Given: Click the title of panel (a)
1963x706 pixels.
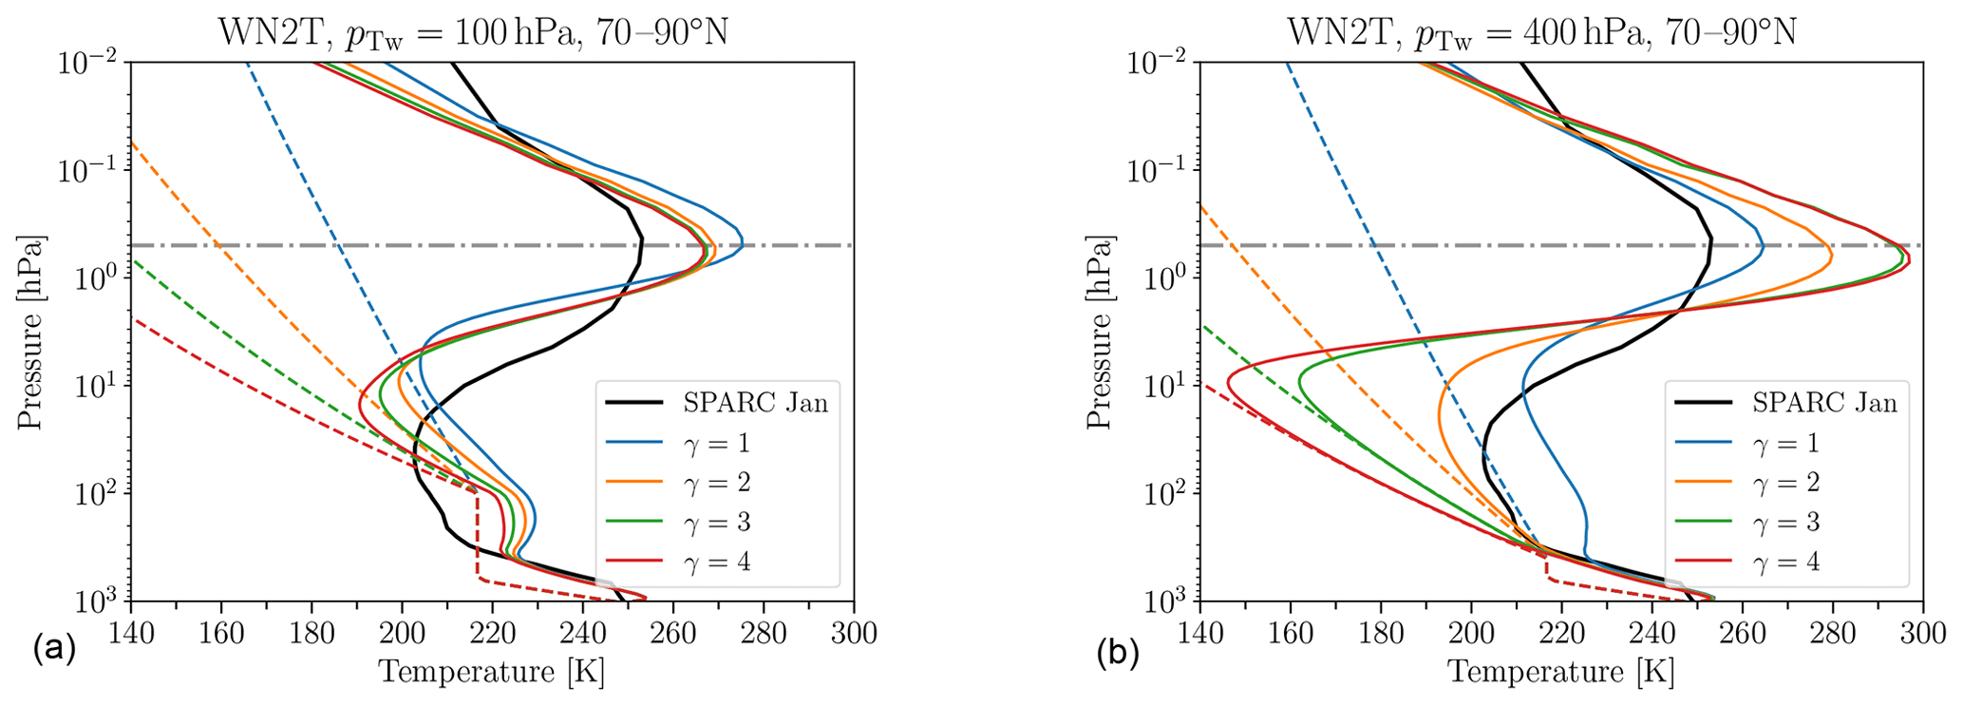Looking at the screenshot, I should tap(474, 32).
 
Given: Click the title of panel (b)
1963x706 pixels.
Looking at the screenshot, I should tap(1542, 32).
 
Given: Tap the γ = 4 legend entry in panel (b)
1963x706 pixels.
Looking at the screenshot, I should tap(1787, 562).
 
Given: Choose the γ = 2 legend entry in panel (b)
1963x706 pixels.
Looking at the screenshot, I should tap(1787, 483).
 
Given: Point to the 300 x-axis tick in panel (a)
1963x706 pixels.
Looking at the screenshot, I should tap(853, 632).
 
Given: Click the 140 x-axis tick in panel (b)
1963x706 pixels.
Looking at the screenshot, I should tap(1200, 632).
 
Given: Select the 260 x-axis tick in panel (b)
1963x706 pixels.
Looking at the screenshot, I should tap(1742, 632).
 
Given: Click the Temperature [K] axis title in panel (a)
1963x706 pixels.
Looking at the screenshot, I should tap(491, 673).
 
